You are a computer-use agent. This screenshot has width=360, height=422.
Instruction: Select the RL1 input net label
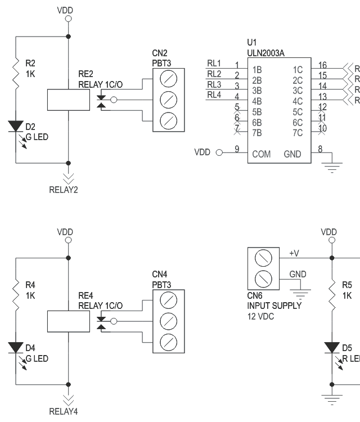point(214,63)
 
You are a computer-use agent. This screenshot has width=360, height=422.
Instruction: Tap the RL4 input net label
point(214,95)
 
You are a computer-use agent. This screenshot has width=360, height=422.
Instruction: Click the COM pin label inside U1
point(261,154)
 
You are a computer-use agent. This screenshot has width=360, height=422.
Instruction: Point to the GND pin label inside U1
point(292,154)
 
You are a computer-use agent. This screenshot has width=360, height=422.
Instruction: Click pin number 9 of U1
point(237,149)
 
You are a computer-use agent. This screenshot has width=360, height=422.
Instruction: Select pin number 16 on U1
point(322,65)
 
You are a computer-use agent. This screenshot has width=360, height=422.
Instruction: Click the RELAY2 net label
point(64,189)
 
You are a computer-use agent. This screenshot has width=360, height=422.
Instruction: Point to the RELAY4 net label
point(64,411)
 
